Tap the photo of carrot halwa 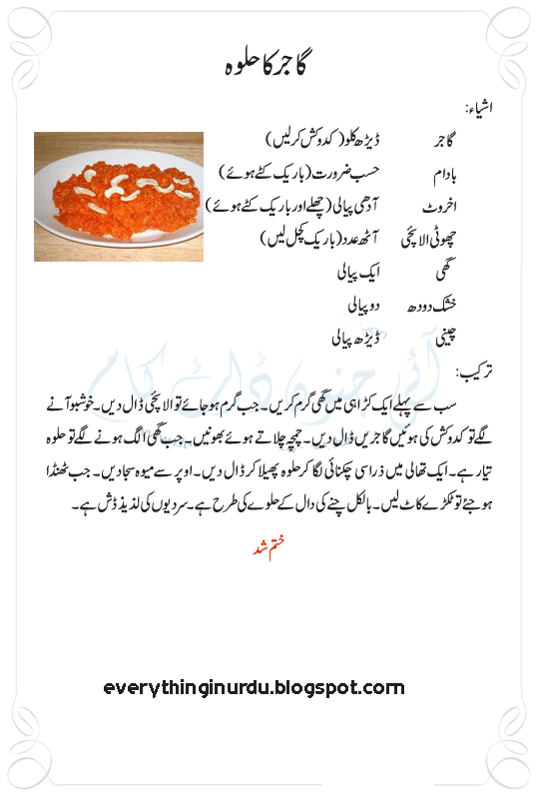[119, 197]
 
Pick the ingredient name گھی [482, 269]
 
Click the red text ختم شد [269, 548]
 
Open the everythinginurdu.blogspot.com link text [255, 688]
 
